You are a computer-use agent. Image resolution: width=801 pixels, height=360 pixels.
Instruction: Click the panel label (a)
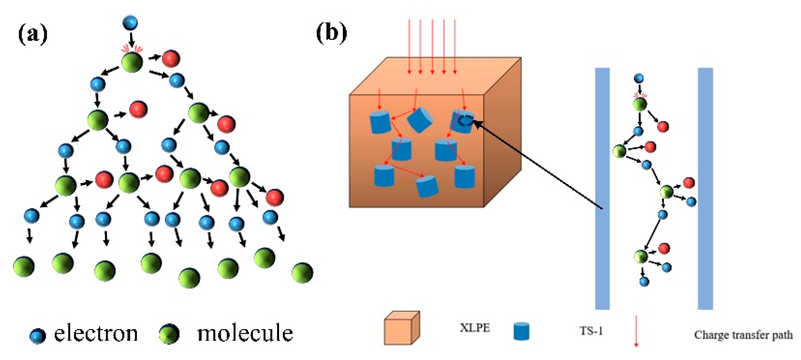(x=33, y=34)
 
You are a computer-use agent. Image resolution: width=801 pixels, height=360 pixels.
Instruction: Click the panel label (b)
(x=331, y=33)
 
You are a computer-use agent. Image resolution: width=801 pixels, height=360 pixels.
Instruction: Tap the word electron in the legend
(x=96, y=333)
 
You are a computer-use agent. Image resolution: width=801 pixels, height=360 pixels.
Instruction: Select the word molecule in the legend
(x=245, y=333)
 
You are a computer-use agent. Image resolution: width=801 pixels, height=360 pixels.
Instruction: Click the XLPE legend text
(x=475, y=328)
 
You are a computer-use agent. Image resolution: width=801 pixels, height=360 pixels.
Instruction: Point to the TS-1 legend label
(x=591, y=331)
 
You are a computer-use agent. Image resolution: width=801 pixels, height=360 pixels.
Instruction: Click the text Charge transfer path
(x=743, y=335)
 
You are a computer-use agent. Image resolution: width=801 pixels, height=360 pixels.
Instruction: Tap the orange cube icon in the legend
(x=401, y=328)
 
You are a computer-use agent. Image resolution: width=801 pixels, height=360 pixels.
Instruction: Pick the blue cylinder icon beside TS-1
(x=521, y=331)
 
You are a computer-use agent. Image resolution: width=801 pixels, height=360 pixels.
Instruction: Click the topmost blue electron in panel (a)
(x=130, y=23)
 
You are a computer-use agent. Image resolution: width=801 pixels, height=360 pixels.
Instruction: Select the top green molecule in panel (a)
(x=132, y=62)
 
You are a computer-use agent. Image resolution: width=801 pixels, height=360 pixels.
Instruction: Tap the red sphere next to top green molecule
(x=171, y=59)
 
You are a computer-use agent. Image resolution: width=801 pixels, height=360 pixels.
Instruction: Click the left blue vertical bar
(x=602, y=188)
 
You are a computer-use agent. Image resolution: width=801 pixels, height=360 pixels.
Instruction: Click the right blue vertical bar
(x=705, y=188)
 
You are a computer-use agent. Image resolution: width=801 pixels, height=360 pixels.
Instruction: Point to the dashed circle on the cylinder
(x=465, y=121)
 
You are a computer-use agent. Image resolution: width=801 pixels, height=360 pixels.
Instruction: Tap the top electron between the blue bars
(x=639, y=78)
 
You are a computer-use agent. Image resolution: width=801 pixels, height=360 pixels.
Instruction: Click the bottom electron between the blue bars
(x=644, y=282)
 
